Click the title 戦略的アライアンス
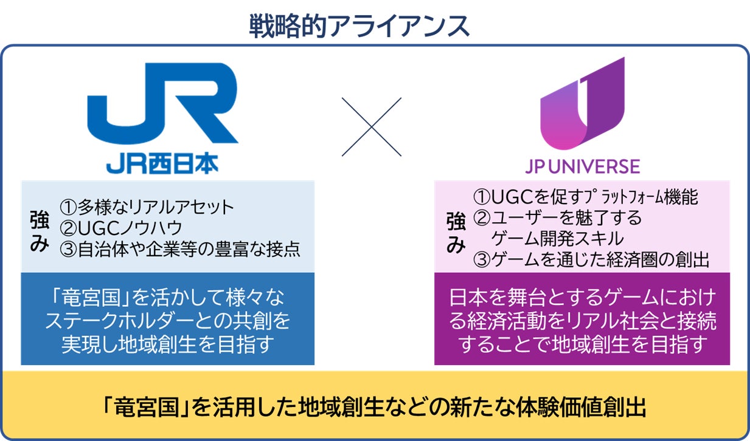(x=359, y=26)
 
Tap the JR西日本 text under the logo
(x=162, y=165)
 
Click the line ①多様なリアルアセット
(x=147, y=207)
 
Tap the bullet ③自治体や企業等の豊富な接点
(x=179, y=249)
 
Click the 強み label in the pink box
(x=456, y=231)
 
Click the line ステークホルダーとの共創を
(x=167, y=320)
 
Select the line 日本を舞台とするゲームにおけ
(x=583, y=298)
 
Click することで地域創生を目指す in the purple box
(x=583, y=344)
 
